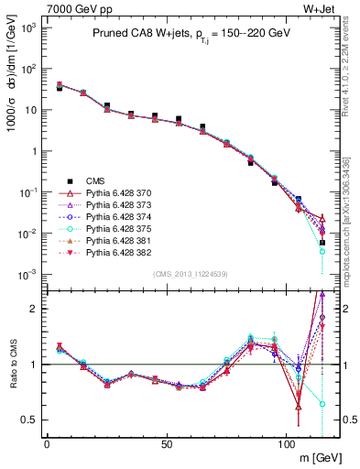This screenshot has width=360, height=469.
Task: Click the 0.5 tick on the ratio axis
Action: (31, 420)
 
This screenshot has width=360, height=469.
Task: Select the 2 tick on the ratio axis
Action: (35, 309)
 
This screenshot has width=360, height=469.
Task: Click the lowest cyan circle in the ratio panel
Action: (322, 403)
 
